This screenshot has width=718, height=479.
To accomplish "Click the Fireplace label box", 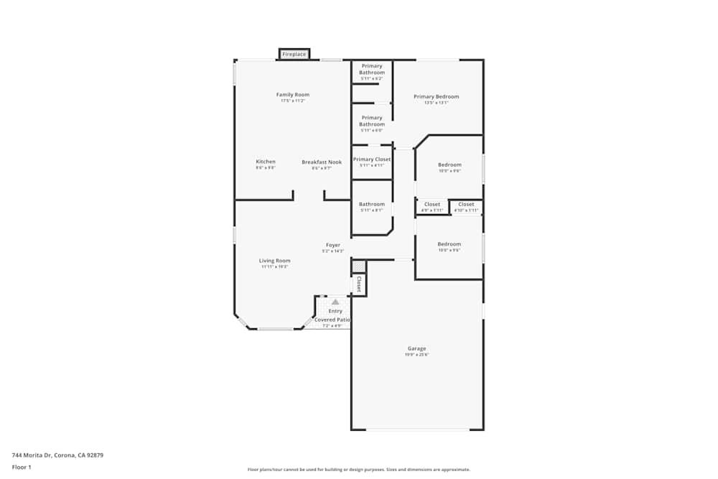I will point(294,54).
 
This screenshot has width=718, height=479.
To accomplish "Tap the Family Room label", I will point(292,95).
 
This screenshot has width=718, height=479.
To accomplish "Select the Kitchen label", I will point(266,162).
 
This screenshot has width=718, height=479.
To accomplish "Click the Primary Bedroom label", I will point(436,96).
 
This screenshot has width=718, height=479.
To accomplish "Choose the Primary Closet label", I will point(372,159).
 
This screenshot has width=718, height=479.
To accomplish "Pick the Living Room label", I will point(274,261).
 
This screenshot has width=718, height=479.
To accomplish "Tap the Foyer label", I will point(333,245).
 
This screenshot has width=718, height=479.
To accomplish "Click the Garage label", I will point(416,348).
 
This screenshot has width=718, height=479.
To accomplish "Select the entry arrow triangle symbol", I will point(335,302).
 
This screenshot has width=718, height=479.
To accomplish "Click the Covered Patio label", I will point(332,320).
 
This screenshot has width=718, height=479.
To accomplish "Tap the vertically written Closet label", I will point(359,284).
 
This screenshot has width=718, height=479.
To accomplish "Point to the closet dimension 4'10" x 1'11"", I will point(466,210).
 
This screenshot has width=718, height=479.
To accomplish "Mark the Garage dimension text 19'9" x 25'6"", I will point(416,355).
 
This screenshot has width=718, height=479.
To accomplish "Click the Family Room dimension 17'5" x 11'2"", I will point(292,101).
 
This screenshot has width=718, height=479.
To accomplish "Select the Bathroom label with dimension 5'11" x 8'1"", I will point(372,204).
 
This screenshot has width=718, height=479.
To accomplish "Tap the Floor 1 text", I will point(22,467).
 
